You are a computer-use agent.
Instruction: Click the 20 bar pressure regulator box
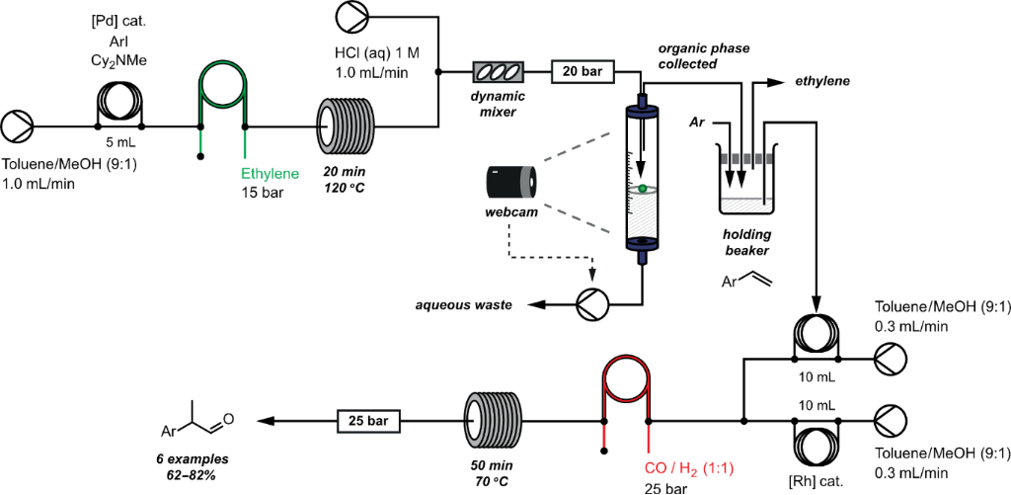click(x=583, y=72)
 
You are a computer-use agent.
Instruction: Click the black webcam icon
click(x=511, y=182)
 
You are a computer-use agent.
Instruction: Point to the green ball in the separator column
click(x=642, y=188)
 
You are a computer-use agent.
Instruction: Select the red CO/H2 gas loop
click(x=625, y=391)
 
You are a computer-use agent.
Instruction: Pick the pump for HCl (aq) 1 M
click(x=351, y=18)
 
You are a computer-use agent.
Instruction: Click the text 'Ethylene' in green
click(x=270, y=174)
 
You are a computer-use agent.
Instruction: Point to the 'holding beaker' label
click(x=745, y=242)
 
